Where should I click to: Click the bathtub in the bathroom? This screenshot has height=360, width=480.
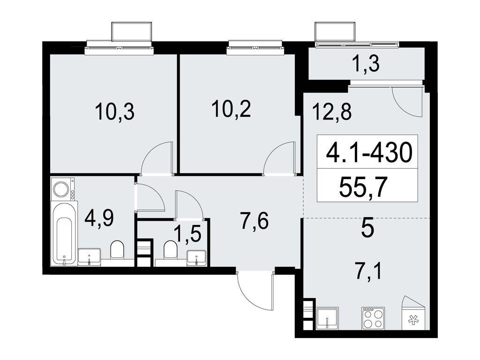(x=64, y=234)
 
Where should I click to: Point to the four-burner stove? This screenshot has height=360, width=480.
(x=373, y=318)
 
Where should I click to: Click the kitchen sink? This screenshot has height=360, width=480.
(x=328, y=319)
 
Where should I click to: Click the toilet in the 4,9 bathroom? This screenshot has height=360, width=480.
(x=117, y=249)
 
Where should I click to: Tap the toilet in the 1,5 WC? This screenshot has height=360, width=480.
(x=171, y=249)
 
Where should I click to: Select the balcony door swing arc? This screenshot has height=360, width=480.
(x=407, y=102)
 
